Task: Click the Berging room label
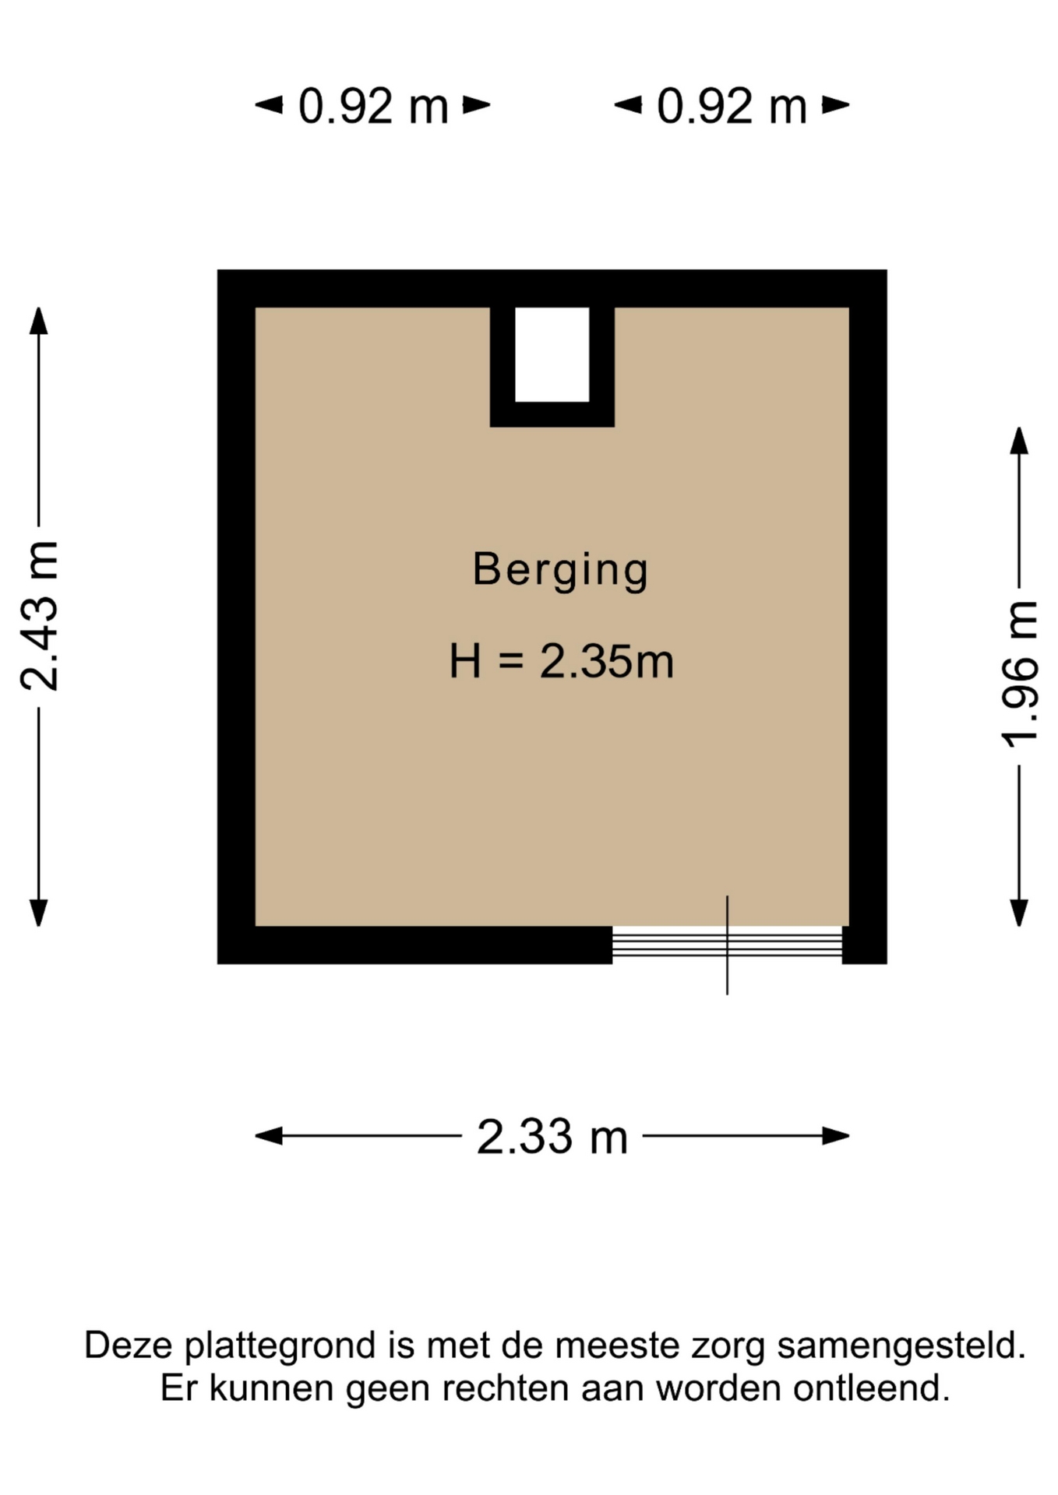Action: pyautogui.click(x=560, y=570)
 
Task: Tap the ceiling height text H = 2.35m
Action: pyautogui.click(x=561, y=661)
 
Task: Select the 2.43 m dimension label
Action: pyautogui.click(x=39, y=616)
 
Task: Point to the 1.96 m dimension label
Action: pyautogui.click(x=1019, y=674)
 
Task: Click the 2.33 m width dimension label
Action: pyautogui.click(x=552, y=1137)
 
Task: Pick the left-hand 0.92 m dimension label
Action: pyautogui.click(x=373, y=106)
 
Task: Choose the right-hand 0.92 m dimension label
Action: pyautogui.click(x=732, y=106)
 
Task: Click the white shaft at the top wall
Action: pyautogui.click(x=552, y=354)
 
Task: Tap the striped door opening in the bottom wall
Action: pyautogui.click(x=727, y=944)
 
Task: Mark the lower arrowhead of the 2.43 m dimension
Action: pyautogui.click(x=39, y=913)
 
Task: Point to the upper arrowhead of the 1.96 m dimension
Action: pyautogui.click(x=1019, y=441)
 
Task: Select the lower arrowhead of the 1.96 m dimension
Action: pyautogui.click(x=1019, y=913)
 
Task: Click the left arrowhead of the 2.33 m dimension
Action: pyautogui.click(x=269, y=1136)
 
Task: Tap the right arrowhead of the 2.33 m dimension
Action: pyautogui.click(x=836, y=1136)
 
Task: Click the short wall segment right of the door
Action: pyautogui.click(x=865, y=945)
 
